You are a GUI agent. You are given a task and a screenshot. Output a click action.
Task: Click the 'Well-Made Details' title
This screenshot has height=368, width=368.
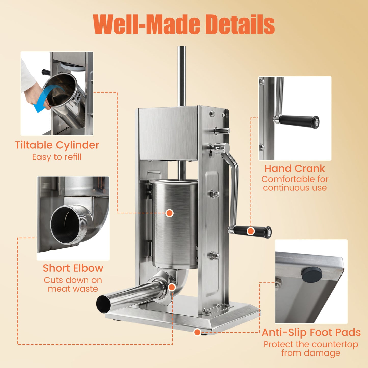tap(184, 24)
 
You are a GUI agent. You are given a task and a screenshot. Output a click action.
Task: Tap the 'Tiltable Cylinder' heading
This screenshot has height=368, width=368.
tap(57, 145)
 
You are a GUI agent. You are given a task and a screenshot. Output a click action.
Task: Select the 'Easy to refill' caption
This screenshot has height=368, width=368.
tap(57, 157)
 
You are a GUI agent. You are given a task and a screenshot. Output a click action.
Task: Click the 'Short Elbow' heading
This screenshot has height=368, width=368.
tap(73, 268)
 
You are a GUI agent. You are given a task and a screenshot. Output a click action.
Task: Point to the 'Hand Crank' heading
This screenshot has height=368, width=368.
tap(295, 168)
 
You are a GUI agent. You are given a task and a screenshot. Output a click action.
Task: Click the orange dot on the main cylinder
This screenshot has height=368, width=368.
tap(169, 213)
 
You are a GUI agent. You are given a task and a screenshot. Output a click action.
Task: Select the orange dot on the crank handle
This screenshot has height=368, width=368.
tap(251, 231)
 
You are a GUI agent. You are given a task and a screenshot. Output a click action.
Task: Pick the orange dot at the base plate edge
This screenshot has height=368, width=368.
tap(197, 332)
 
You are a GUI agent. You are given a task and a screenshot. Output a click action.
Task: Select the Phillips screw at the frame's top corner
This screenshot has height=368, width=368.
tap(212, 114)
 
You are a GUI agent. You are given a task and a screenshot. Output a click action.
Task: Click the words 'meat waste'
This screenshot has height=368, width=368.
tap(73, 289)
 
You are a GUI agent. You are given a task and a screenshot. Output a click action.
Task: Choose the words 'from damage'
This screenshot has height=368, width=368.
tap(311, 353)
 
